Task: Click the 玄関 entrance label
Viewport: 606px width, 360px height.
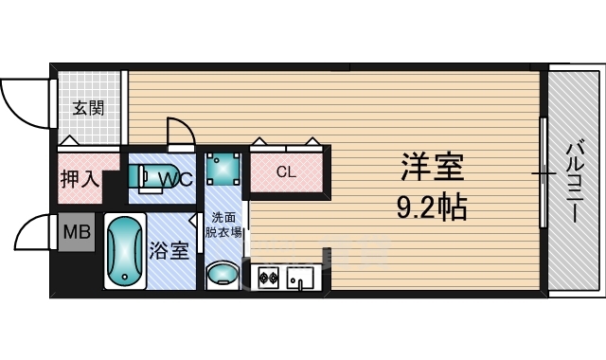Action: pos(89,107)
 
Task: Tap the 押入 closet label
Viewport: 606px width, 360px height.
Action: pos(80,178)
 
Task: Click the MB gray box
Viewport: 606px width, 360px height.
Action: pos(76,231)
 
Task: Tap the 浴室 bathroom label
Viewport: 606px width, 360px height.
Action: pos(169,251)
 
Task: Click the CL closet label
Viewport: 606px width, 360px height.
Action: pos(286,172)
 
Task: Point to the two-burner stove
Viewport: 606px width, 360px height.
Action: pos(267,279)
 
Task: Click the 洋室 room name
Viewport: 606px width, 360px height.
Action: pos(432,169)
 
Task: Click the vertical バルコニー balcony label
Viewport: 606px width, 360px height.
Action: pos(575,181)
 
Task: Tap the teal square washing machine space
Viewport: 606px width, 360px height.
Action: pos(225,169)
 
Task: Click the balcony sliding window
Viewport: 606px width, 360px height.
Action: pos(544,173)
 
